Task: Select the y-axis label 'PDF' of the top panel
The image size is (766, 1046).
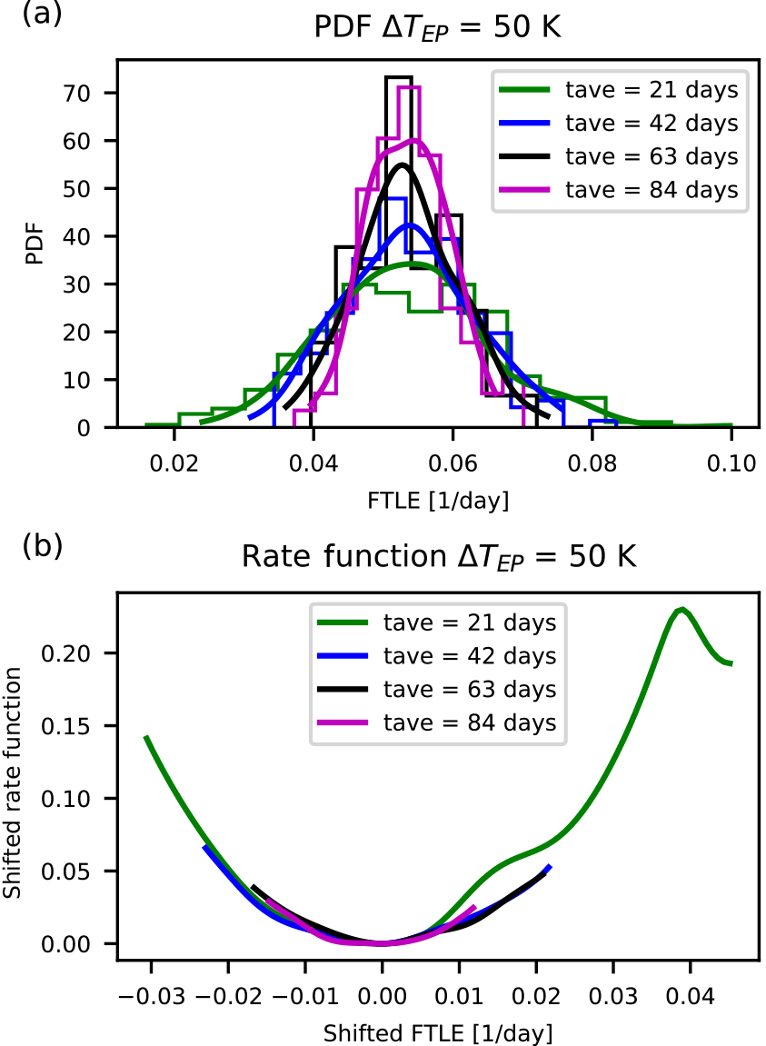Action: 35,245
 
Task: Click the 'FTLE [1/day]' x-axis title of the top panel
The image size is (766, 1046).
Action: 439,499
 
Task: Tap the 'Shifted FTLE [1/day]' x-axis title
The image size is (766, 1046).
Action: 439,1032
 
